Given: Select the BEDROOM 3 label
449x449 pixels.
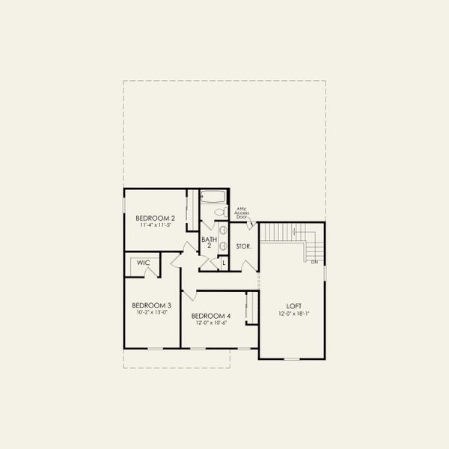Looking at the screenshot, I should click(x=152, y=305).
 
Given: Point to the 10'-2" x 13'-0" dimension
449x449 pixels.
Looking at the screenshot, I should click(x=152, y=312).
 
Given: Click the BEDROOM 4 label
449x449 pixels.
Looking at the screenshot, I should click(x=211, y=317).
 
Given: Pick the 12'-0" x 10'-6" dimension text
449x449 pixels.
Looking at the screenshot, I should click(x=211, y=323).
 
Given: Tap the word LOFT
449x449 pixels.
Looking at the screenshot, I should click(x=294, y=306).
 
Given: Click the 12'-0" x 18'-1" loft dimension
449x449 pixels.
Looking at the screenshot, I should click(x=294, y=314).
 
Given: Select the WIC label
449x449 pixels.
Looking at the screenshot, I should click(x=143, y=263).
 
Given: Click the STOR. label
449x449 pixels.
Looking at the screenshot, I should click(x=243, y=246).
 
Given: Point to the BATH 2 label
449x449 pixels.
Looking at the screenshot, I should click(x=209, y=242).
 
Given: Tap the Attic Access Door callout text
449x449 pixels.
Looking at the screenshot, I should click(x=242, y=213).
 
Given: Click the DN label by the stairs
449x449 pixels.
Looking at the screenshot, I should click(x=315, y=262).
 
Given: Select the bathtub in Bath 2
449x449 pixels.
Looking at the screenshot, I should click(x=214, y=198).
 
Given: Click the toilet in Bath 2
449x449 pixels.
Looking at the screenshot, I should click(x=219, y=213).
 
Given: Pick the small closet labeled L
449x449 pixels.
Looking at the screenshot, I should click(x=223, y=263).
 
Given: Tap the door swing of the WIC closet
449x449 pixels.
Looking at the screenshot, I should click(x=153, y=270).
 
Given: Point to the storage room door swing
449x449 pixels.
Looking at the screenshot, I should click(x=249, y=263).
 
